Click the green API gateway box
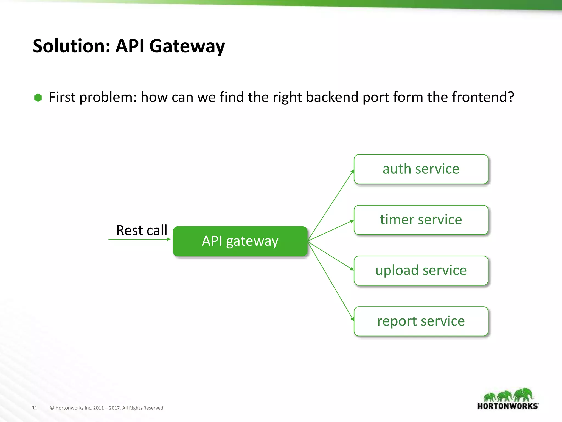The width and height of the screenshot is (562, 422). [x=240, y=241]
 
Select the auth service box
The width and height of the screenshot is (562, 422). [x=421, y=169]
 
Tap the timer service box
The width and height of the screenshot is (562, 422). [x=421, y=220]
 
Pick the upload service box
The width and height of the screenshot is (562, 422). [x=421, y=271]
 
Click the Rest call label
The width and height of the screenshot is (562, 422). [x=142, y=230]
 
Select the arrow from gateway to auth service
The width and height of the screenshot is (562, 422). [x=331, y=206]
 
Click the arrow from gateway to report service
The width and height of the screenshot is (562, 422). [x=331, y=280]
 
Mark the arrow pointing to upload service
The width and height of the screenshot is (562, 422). [x=331, y=255]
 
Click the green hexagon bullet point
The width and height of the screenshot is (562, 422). [x=38, y=98]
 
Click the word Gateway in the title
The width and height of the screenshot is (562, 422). [x=187, y=46]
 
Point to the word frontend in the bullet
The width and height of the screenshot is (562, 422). [x=482, y=97]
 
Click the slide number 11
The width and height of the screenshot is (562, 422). [x=35, y=407]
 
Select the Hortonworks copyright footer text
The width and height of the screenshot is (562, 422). [x=106, y=408]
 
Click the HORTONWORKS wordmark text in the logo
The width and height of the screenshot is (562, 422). [x=508, y=406]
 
